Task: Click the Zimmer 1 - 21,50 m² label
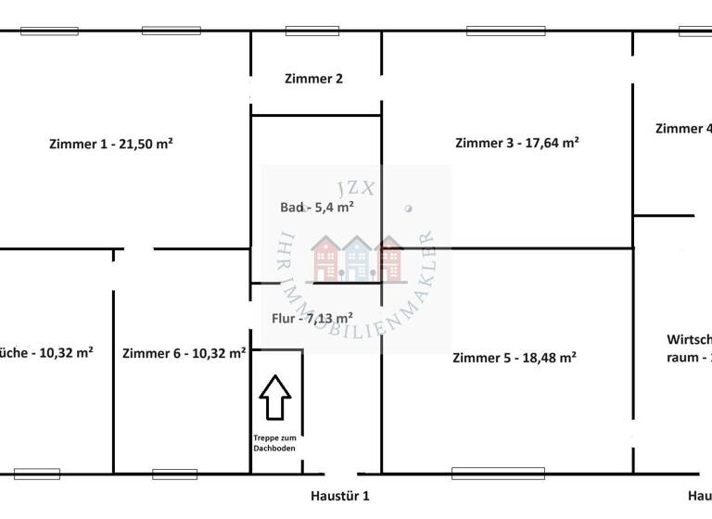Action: click(x=112, y=144)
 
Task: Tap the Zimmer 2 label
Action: click(x=313, y=79)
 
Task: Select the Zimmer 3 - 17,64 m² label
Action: click(x=517, y=143)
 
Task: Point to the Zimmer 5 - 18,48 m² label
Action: click(x=515, y=358)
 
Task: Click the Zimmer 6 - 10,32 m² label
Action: click(x=184, y=353)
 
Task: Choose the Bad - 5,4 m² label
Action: click(x=316, y=208)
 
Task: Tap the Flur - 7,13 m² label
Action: click(x=311, y=319)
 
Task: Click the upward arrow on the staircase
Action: click(x=274, y=397)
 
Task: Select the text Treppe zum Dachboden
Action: click(x=275, y=443)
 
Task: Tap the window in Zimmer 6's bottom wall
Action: click(x=174, y=475)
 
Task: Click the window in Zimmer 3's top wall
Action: click(x=505, y=31)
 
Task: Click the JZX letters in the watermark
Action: click(x=357, y=187)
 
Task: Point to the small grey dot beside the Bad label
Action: click(x=409, y=209)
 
